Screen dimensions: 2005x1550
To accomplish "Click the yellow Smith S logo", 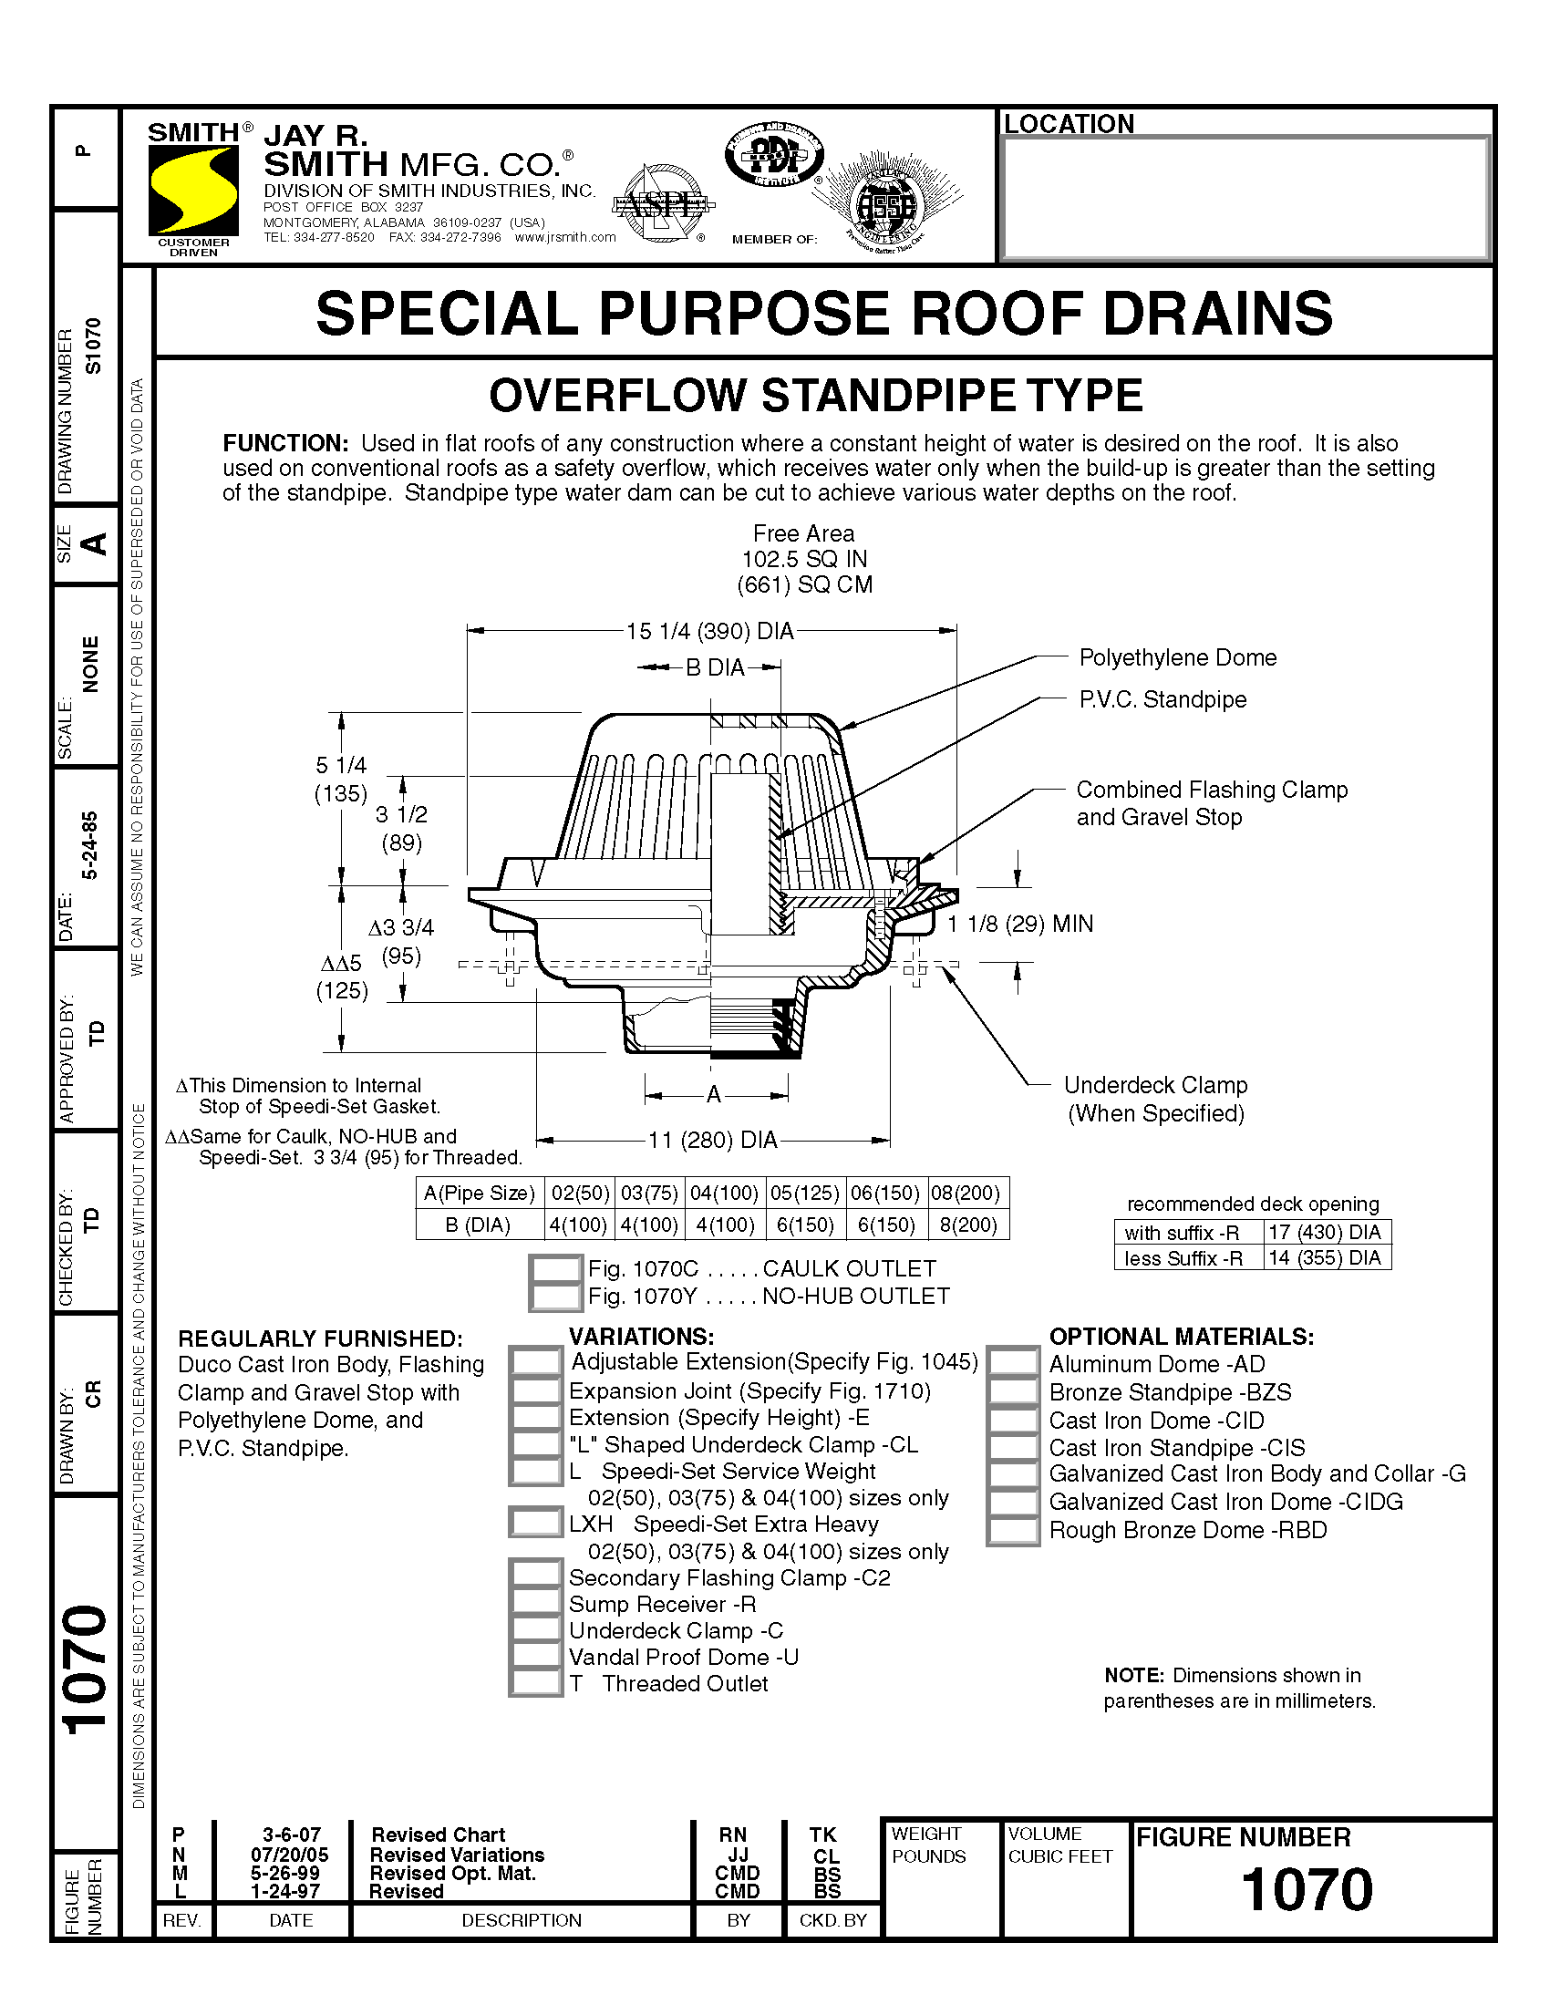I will click(x=192, y=190).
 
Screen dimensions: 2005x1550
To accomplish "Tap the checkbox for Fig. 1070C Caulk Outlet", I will click(x=555, y=1268).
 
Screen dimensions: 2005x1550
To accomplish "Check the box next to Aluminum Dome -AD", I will click(x=1013, y=1363).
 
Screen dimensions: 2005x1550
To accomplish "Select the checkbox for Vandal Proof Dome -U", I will click(x=535, y=1657).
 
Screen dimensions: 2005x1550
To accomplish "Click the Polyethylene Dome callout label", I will click(x=1177, y=657).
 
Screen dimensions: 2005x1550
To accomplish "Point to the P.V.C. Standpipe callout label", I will click(x=1162, y=699).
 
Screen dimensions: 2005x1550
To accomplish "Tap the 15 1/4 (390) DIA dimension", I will click(x=708, y=632).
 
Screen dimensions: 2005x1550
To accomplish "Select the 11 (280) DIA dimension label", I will click(x=713, y=1141).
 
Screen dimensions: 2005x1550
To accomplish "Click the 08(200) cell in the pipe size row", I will click(x=967, y=1193).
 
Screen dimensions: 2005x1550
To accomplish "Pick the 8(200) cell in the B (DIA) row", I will click(x=967, y=1225).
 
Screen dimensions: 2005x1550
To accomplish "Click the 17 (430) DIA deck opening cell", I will click(x=1325, y=1232).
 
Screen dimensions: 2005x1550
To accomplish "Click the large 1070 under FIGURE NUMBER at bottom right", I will click(x=1306, y=1889).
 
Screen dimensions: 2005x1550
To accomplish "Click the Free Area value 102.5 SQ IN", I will click(x=803, y=559).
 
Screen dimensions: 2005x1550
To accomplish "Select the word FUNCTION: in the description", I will click(x=284, y=443).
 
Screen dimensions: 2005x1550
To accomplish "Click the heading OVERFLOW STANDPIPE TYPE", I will click(x=815, y=396).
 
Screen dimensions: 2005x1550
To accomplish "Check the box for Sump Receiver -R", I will click(x=535, y=1604).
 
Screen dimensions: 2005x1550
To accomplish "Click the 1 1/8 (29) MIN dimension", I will click(x=1019, y=924).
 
